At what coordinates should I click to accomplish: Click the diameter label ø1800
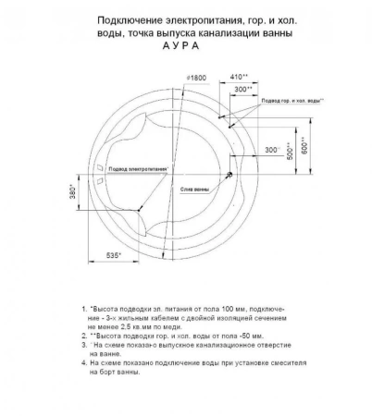click(x=195, y=77)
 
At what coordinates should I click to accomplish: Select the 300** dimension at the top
click(x=243, y=90)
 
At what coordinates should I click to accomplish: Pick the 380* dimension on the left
click(x=75, y=192)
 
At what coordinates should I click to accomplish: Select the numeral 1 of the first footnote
click(x=83, y=307)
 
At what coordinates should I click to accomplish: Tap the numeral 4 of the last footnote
click(x=83, y=362)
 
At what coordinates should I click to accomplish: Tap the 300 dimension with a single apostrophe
click(x=271, y=149)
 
